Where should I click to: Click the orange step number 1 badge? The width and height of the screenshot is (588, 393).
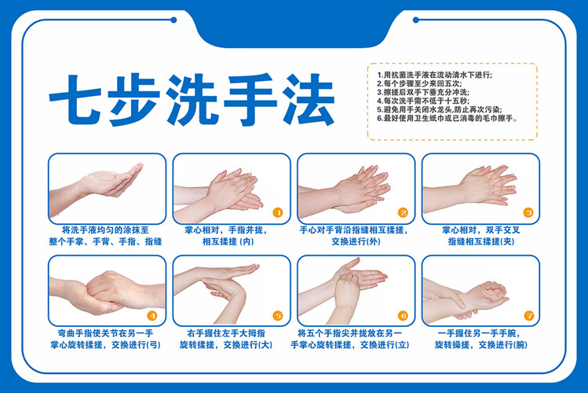pyautogui.click(x=277, y=213)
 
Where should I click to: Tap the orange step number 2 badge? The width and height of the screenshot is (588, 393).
pyautogui.click(x=403, y=213)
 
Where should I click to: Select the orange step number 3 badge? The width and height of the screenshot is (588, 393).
pyautogui.click(x=528, y=213)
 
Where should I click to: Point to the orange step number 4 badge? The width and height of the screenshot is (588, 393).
pyautogui.click(x=152, y=316)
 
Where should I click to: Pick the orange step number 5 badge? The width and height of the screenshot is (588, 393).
pyautogui.click(x=277, y=316)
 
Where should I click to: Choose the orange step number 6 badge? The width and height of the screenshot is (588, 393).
pyautogui.click(x=403, y=316)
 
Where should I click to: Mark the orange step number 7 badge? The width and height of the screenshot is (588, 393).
pyautogui.click(x=529, y=316)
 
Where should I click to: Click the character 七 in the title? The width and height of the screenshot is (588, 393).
pyautogui.click(x=75, y=100)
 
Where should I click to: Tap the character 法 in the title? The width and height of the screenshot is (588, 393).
pyautogui.click(x=309, y=100)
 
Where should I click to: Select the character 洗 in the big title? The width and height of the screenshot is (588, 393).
pyautogui.click(x=192, y=100)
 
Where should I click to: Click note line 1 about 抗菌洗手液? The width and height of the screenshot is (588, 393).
pyautogui.click(x=434, y=75)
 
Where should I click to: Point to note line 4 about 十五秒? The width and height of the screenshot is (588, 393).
pyautogui.click(x=423, y=101)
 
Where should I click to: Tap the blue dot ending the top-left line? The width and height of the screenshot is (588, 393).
pyautogui.click(x=173, y=20)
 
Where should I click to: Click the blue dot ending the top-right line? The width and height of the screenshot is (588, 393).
pyautogui.click(x=415, y=20)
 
